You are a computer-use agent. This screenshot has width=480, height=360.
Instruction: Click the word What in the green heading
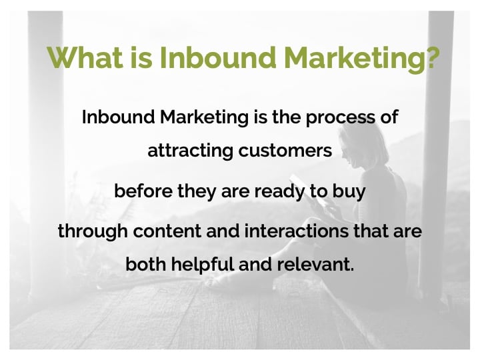(85, 57)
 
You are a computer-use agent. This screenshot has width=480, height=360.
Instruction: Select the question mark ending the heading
(432, 57)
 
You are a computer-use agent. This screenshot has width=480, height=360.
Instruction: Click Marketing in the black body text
(204, 118)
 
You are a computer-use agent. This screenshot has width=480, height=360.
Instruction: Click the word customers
(285, 151)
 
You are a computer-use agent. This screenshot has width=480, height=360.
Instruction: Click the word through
(93, 232)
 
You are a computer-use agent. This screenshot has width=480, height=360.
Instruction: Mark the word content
(167, 231)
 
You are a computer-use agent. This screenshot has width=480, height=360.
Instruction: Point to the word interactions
(296, 231)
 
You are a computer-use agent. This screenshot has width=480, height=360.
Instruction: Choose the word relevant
(315, 264)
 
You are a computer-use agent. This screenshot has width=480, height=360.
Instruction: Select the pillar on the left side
(46, 153)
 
